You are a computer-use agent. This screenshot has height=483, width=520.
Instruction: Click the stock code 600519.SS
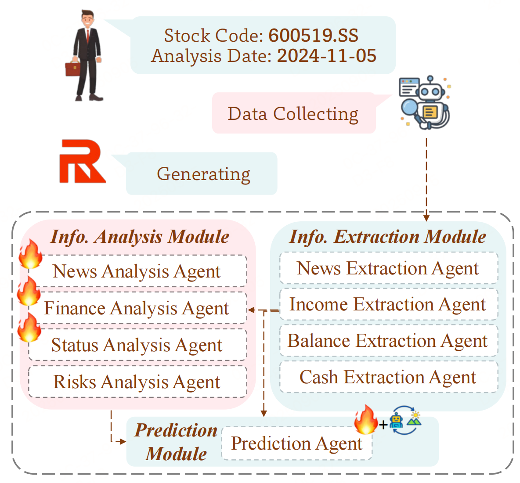click(x=313, y=36)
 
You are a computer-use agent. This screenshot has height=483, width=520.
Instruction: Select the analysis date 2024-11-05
click(x=326, y=56)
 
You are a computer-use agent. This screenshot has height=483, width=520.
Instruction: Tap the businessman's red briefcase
click(x=72, y=69)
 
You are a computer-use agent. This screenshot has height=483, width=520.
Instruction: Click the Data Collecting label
click(x=293, y=114)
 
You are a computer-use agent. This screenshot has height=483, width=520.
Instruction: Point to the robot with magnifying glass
click(x=424, y=103)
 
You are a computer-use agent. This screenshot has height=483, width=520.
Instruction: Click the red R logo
click(x=82, y=162)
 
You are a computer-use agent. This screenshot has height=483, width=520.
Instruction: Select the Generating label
click(x=203, y=174)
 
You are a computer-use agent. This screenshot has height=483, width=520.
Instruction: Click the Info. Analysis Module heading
click(x=140, y=237)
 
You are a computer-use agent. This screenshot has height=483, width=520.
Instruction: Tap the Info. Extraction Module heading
click(x=387, y=237)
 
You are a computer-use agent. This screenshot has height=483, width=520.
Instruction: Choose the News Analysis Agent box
click(x=137, y=271)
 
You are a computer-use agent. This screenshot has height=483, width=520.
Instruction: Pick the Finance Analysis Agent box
click(x=137, y=308)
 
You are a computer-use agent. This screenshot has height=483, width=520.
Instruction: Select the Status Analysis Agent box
click(x=137, y=345)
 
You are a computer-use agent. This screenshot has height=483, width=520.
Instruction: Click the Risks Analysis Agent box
click(x=137, y=382)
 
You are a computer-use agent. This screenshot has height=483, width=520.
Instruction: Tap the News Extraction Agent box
click(x=388, y=268)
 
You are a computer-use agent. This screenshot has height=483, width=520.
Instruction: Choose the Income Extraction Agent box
click(x=388, y=304)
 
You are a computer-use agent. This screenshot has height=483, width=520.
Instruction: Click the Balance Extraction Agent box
click(x=388, y=341)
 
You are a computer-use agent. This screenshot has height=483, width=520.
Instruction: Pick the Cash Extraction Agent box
click(x=388, y=377)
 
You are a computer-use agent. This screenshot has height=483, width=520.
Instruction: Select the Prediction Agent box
click(x=297, y=443)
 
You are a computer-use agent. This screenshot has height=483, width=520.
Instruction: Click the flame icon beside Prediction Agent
click(x=366, y=420)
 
